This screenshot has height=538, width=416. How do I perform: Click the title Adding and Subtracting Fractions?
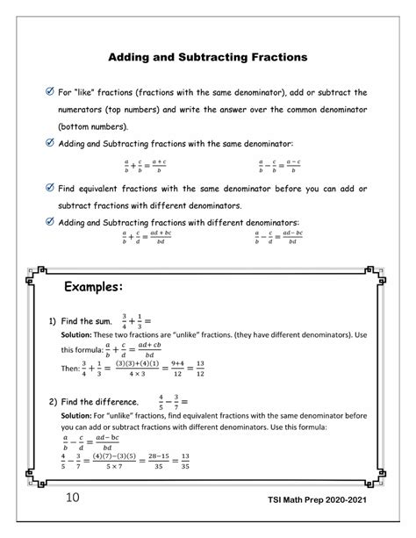click(x=207, y=58)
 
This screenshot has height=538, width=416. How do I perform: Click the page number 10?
click(x=51, y=524)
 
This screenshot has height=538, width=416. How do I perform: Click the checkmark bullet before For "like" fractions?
click(x=49, y=91)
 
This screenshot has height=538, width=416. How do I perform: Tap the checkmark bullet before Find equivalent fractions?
click(x=49, y=188)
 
